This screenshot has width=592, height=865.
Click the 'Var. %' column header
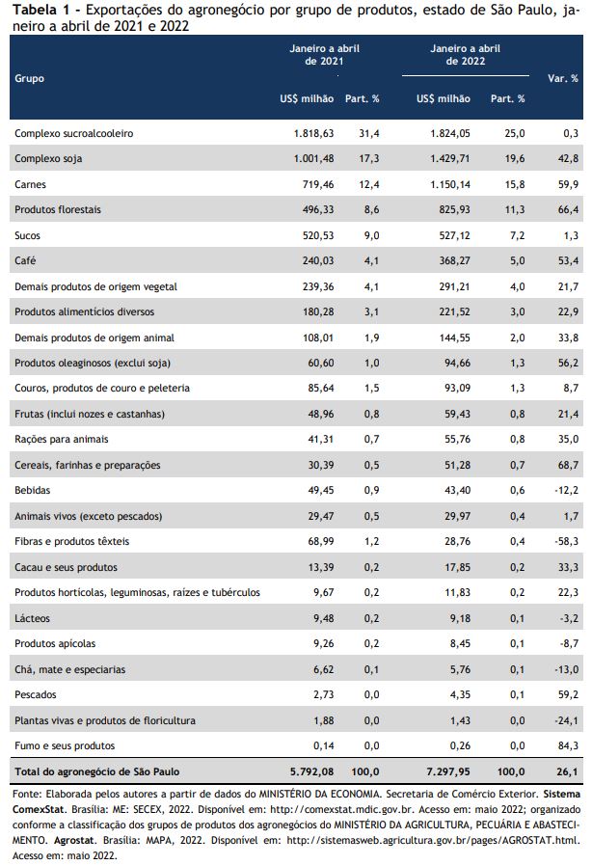point(563,78)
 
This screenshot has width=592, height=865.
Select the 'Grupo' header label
point(29,78)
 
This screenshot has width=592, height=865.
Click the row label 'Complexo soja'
point(48,159)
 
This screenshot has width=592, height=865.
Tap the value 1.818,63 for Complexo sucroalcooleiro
point(313,133)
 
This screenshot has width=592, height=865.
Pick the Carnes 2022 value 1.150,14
point(450,184)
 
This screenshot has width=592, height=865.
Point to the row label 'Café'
point(25,260)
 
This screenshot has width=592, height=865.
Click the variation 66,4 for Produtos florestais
point(568,209)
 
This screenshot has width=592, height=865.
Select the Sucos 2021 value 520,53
point(318,235)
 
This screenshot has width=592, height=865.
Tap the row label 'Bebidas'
point(32,490)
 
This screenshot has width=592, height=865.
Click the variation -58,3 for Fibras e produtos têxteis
point(567,541)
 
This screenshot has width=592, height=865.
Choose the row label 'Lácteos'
point(32,618)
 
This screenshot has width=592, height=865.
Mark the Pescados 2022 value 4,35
point(460,694)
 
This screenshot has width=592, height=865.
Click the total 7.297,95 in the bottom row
point(448,771)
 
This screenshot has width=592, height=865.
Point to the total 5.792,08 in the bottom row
point(311,771)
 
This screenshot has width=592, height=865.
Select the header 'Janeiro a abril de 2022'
point(465,55)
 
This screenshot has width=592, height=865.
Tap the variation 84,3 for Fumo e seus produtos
point(568,745)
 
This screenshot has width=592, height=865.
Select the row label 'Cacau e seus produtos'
point(66,567)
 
